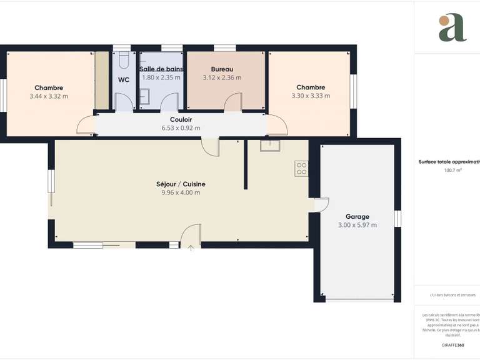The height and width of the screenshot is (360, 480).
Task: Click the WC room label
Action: [123, 79]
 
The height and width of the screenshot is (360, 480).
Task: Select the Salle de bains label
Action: [161, 69]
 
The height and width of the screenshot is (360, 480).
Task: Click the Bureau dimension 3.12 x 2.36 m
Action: [222, 77]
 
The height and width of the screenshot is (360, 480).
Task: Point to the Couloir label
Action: [181, 119]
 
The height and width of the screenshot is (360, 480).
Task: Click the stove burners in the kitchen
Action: [301, 168]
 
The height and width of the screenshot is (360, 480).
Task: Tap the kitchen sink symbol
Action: [270, 146]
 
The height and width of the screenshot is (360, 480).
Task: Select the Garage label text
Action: [357, 216]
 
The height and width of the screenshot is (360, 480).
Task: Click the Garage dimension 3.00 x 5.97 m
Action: [357, 225]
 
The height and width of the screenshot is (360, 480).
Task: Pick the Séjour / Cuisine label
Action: [181, 184]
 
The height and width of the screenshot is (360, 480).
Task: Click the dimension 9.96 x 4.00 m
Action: [181, 192]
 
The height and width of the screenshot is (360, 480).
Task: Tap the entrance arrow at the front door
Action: [191, 249]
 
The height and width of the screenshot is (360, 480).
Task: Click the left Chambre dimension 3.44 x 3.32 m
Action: [49, 96]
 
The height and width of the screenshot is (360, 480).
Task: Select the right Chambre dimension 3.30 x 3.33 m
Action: [311, 96]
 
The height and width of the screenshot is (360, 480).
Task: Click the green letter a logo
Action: [452, 27]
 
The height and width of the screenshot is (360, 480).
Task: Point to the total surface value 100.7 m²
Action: [452, 170]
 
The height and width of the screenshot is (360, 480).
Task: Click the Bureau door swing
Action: [233, 102]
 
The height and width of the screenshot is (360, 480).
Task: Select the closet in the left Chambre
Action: [101, 80]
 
